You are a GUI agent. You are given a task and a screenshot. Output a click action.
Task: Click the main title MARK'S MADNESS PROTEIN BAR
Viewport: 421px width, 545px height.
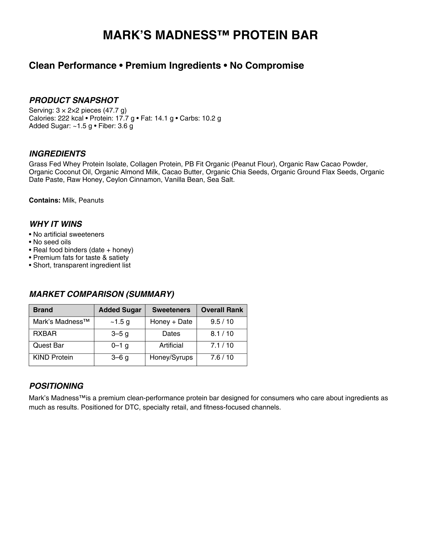210,35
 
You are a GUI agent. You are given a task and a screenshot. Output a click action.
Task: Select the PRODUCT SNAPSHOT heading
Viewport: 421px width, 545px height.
74,100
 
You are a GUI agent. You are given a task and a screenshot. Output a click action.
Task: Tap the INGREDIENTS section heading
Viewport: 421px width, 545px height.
57,154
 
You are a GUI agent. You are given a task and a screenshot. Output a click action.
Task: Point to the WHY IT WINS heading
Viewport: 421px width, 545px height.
56,224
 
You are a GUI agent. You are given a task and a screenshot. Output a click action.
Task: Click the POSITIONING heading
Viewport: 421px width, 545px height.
56,386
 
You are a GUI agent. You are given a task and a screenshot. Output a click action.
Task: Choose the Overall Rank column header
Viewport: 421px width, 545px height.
222,310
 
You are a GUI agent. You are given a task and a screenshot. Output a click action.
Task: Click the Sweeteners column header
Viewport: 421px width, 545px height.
171,310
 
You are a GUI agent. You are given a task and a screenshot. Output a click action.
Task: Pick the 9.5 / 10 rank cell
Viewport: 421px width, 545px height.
222,322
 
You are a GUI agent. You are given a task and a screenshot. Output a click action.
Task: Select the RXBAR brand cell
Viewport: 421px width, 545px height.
45,334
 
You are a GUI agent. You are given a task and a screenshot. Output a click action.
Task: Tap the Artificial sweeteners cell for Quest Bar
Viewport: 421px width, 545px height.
171,345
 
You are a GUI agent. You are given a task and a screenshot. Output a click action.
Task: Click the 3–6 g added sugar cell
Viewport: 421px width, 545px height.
120,357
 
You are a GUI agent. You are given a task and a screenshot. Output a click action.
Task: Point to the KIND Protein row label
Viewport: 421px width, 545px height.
53,357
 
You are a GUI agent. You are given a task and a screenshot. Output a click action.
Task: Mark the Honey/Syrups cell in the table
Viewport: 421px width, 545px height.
171,357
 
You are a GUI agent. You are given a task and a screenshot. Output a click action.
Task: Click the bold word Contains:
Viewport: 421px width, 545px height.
44,200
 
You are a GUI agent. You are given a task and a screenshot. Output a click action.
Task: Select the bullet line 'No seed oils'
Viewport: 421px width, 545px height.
52,242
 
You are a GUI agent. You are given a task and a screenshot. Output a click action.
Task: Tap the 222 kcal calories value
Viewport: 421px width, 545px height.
71,118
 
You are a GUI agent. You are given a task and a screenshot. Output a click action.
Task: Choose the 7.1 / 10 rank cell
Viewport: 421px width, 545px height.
222,345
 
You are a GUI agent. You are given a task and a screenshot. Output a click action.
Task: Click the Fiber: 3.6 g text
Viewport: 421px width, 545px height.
116,126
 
